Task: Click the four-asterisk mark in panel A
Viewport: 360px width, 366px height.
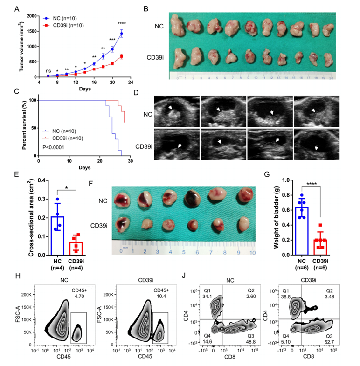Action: coord(122,24)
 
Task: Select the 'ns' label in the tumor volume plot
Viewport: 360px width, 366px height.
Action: coord(48,71)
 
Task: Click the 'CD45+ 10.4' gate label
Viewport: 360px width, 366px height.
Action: coord(159,292)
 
